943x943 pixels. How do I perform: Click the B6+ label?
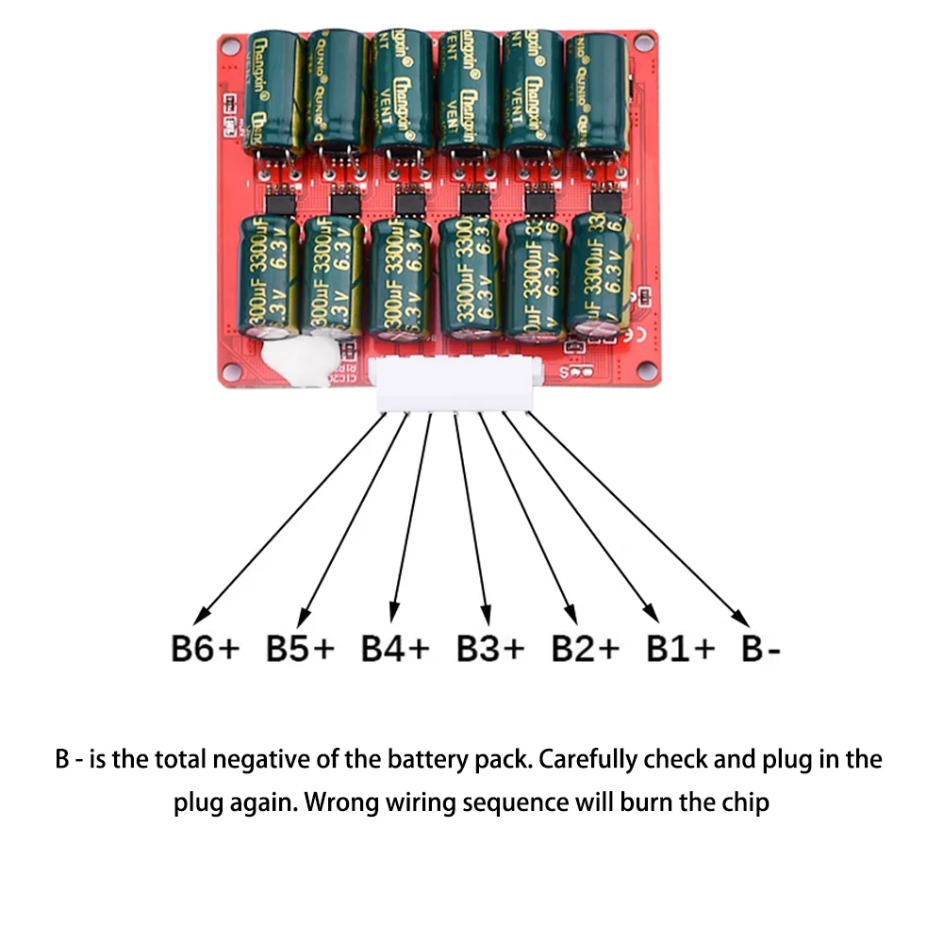(x=206, y=650)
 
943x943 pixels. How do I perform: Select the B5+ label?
(x=301, y=650)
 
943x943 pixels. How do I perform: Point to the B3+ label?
(x=490, y=650)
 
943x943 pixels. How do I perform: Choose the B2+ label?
(x=586, y=650)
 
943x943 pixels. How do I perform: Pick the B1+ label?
(x=680, y=650)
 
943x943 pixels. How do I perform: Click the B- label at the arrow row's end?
(x=760, y=650)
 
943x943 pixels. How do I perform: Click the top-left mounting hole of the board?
(x=229, y=43)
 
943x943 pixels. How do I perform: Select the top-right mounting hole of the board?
(x=644, y=43)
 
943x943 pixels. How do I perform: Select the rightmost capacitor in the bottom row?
(x=598, y=273)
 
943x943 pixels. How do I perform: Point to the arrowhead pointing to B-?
(x=744, y=620)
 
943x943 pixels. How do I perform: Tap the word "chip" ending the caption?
(x=745, y=804)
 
